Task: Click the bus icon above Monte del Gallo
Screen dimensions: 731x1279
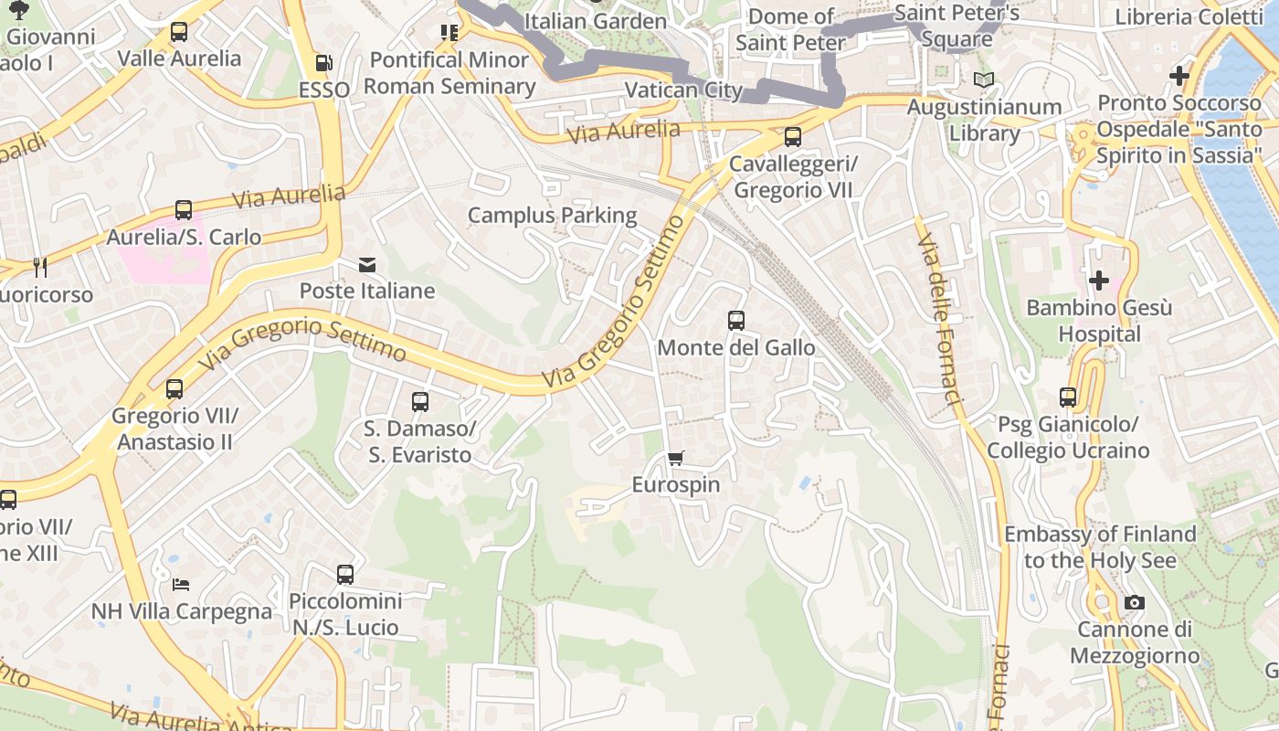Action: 736,321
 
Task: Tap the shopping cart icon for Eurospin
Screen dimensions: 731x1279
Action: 676,458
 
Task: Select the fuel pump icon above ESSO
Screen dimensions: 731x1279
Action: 323,63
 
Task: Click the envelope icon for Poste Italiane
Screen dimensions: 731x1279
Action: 367,265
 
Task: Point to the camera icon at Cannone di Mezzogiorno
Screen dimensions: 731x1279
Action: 1135,602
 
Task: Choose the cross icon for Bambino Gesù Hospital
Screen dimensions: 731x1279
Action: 1099,280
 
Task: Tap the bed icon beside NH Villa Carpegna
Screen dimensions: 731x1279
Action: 181,584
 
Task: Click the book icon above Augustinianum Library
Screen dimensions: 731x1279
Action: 983,80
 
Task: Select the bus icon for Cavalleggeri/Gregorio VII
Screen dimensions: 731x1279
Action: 793,137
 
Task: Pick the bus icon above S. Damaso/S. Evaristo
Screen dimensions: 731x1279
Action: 420,401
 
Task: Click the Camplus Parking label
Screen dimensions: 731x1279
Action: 552,216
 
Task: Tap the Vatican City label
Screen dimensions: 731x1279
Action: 683,90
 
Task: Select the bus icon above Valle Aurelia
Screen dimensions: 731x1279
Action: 179,32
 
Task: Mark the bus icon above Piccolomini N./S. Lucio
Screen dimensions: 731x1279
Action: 345,575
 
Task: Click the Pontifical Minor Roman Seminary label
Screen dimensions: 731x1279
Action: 449,73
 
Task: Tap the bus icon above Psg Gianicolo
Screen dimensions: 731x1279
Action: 1068,397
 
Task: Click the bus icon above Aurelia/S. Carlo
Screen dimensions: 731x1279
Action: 184,210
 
